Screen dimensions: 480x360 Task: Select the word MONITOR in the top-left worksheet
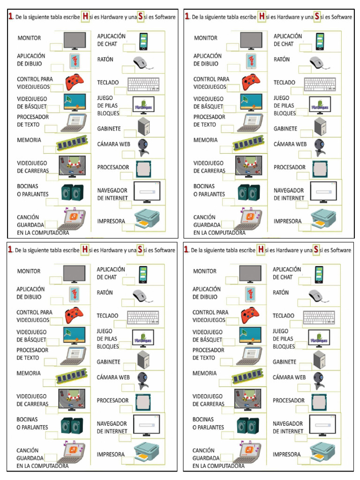click(29, 38)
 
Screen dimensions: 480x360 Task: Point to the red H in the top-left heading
click(85, 17)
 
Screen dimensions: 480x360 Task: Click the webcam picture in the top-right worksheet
click(320, 147)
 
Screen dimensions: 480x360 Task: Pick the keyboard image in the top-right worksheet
click(320, 84)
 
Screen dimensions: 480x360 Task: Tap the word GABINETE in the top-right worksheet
click(285, 128)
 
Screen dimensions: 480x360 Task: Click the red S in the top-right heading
click(317, 17)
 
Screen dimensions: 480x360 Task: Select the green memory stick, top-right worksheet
click(248, 143)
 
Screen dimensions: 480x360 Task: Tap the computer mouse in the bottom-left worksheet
click(142, 296)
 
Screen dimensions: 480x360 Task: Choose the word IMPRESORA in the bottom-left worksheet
click(111, 454)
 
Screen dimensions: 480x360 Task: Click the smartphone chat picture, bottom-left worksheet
click(142, 274)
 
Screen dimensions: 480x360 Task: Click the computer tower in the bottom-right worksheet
click(320, 360)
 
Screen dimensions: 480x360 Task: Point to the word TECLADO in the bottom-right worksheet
click(284, 315)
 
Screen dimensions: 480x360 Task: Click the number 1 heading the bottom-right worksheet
click(187, 250)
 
